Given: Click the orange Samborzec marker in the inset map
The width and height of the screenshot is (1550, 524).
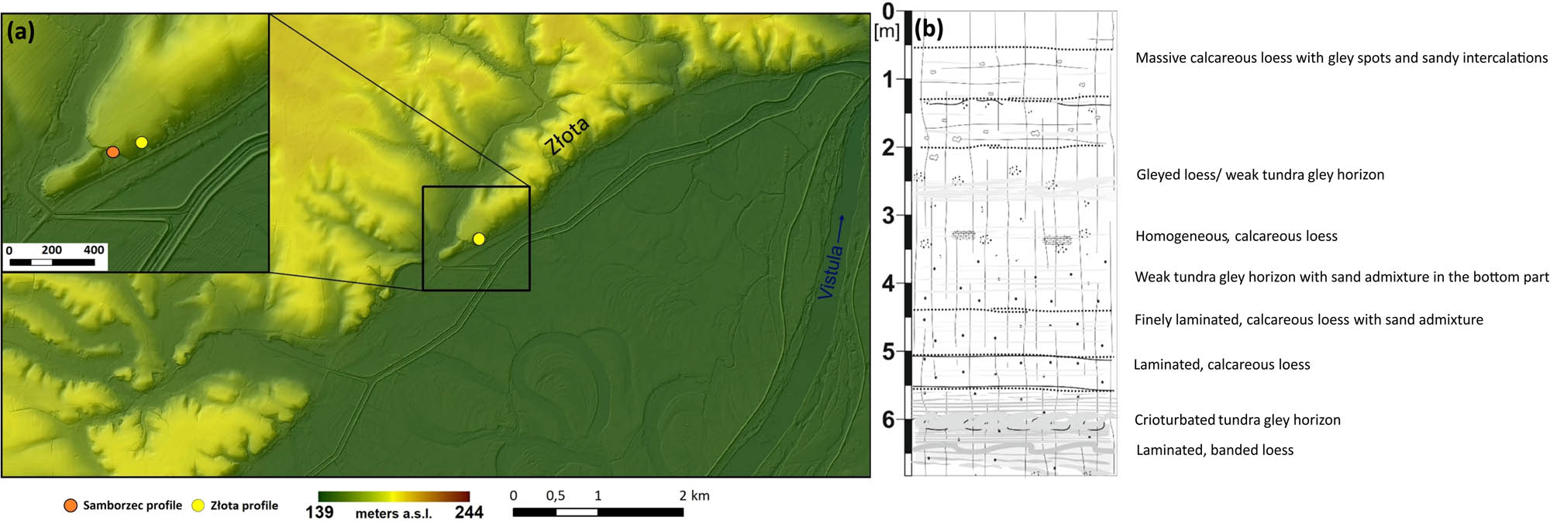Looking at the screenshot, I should [113, 152].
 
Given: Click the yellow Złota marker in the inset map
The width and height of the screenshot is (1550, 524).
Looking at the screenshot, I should [141, 142].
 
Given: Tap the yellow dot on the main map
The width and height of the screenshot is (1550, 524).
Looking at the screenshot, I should [479, 239].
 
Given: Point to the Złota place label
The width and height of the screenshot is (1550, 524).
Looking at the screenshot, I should [566, 136].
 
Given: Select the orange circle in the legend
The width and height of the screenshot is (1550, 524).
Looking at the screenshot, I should [71, 505].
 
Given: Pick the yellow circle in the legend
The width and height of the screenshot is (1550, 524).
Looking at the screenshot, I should [198, 505].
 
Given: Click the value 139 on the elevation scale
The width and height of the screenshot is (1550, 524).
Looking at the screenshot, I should [319, 512].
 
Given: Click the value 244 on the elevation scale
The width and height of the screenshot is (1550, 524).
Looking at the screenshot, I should [469, 512].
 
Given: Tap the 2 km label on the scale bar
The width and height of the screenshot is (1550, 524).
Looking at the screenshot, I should [694, 495].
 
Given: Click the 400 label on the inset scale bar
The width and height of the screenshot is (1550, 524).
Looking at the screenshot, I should [94, 250].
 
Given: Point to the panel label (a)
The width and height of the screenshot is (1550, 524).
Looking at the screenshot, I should [21, 32].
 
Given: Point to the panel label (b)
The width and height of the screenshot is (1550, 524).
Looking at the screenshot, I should [928, 29].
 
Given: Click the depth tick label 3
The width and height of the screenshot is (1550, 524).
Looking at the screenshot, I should [888, 215].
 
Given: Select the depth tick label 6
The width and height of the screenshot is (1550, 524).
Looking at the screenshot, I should [888, 420].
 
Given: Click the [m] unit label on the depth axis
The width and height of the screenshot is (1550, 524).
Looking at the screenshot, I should [886, 32].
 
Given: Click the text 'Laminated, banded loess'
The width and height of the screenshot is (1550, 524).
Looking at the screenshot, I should [1214, 450].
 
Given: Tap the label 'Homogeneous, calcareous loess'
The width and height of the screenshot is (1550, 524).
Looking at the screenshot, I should [1236, 236].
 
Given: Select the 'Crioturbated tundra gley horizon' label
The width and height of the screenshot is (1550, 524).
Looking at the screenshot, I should [1237, 419].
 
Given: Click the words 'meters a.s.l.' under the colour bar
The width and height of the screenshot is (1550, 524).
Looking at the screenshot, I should [393, 513].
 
